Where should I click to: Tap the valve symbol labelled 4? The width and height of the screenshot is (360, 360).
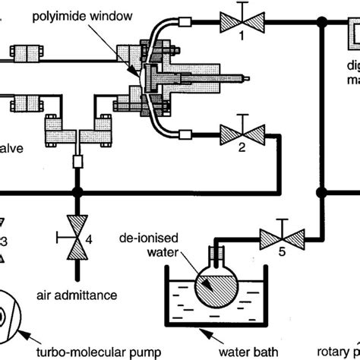(x=76, y=245)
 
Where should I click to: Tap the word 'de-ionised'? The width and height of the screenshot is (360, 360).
(x=141, y=238)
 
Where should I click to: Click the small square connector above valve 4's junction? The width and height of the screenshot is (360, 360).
(x=76, y=162)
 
